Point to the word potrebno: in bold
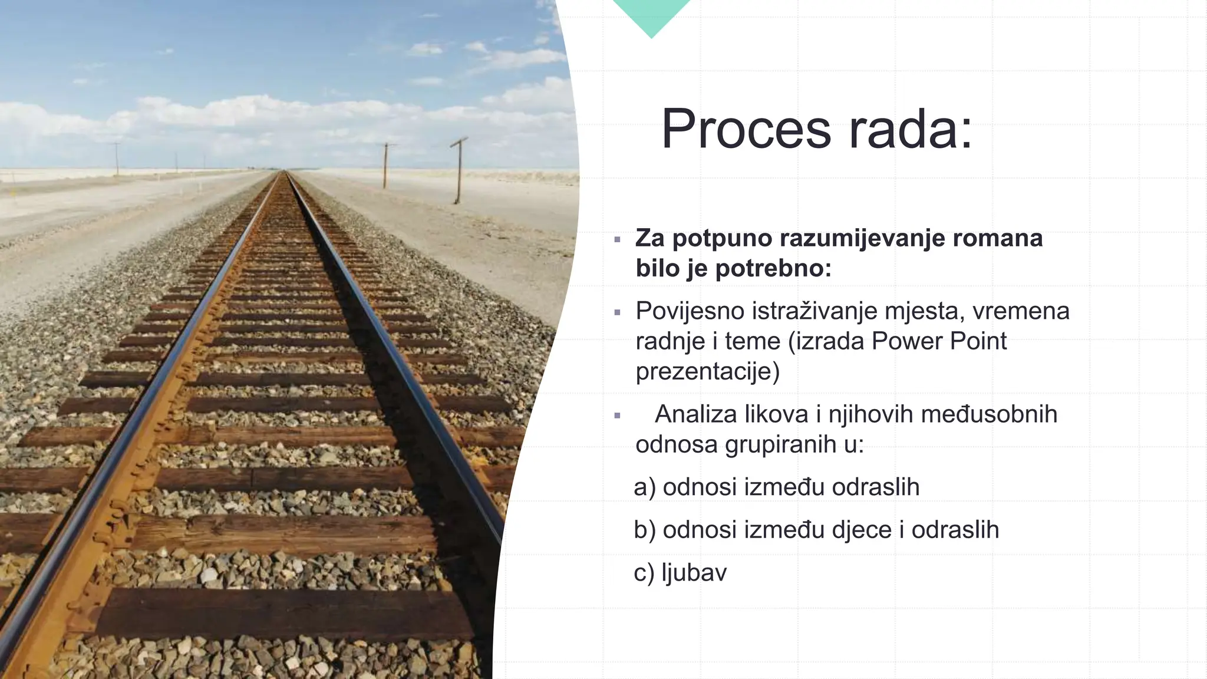(x=773, y=269)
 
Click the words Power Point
(x=939, y=341)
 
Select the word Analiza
(x=696, y=414)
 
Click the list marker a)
(x=644, y=487)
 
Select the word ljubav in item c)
(x=694, y=573)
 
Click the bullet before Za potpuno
(x=617, y=240)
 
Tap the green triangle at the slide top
(x=651, y=15)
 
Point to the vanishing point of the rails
(x=286, y=172)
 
